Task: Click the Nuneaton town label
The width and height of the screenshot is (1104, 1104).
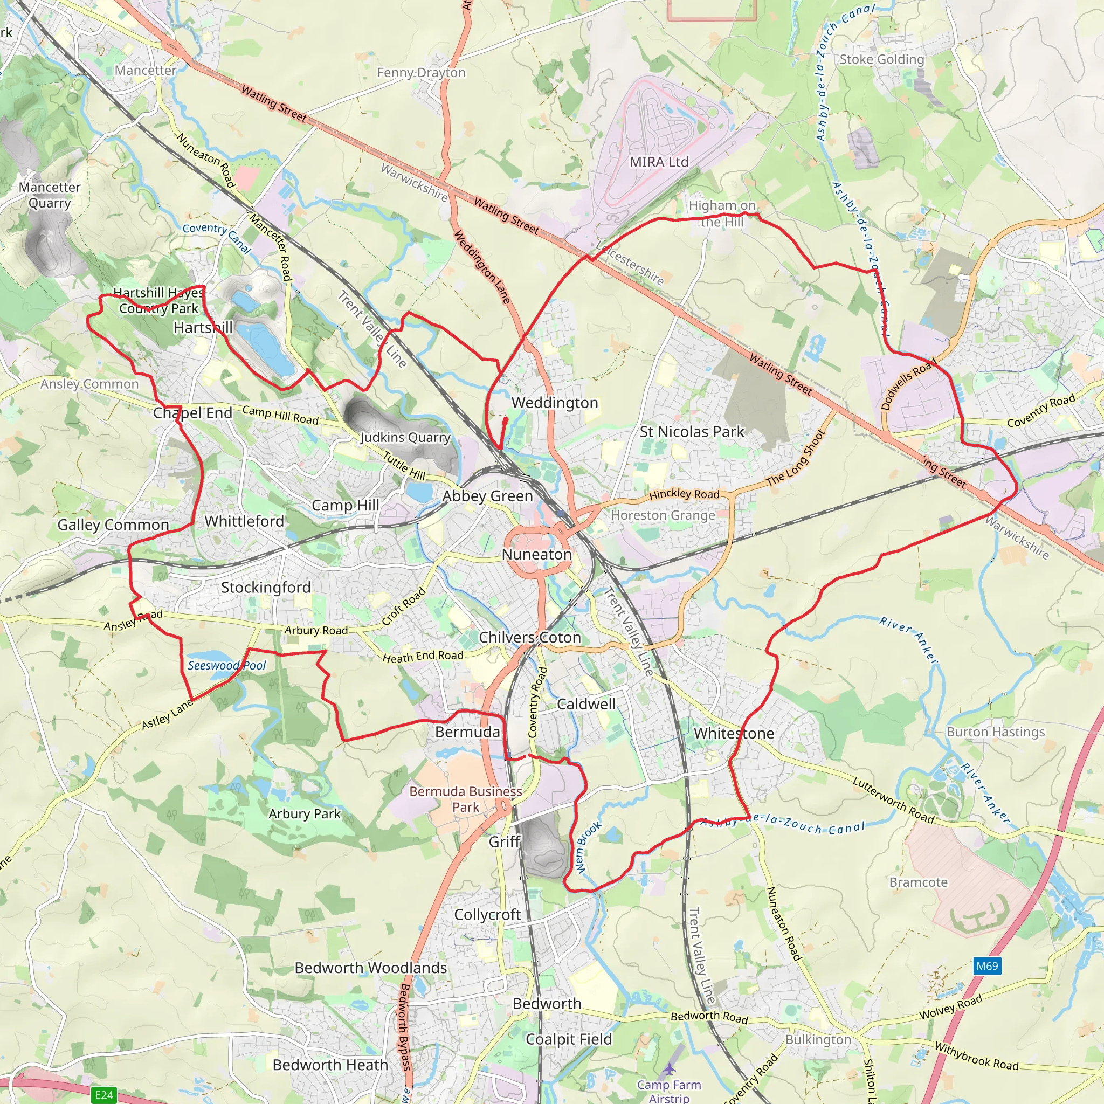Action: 536,554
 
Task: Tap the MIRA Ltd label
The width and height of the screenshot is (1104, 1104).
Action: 659,162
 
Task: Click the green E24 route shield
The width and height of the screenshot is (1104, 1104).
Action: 104,1095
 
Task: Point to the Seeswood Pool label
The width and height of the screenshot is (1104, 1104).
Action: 227,666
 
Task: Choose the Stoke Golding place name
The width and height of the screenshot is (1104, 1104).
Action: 882,59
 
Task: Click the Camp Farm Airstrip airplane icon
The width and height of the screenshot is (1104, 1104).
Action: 670,1068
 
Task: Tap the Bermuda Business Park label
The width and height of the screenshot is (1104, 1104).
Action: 466,799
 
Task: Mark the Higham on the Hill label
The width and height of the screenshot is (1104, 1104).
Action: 722,213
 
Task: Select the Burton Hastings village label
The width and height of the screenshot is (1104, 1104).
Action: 996,732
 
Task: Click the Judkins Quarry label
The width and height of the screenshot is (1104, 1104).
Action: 405,438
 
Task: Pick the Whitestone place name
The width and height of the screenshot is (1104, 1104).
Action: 734,733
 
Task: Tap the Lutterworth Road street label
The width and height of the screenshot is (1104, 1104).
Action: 893,800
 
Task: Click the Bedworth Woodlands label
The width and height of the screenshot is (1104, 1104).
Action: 371,968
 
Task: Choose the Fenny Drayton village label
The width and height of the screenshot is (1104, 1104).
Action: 421,73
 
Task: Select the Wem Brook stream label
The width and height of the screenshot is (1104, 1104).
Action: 588,847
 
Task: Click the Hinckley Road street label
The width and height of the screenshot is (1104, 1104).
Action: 684,494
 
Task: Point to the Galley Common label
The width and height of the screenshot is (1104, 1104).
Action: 113,525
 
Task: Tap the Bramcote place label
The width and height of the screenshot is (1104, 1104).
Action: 918,882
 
